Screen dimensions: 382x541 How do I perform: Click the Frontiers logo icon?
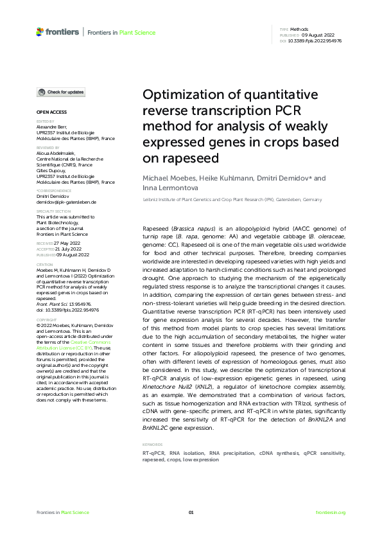point(40,31)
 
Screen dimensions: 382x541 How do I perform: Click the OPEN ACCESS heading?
point(49,112)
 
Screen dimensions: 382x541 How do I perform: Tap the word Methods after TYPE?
point(300,30)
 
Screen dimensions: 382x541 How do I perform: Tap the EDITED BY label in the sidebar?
point(46,121)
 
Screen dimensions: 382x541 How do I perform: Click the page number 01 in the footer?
point(191,512)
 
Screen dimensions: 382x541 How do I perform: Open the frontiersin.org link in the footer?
point(331,512)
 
